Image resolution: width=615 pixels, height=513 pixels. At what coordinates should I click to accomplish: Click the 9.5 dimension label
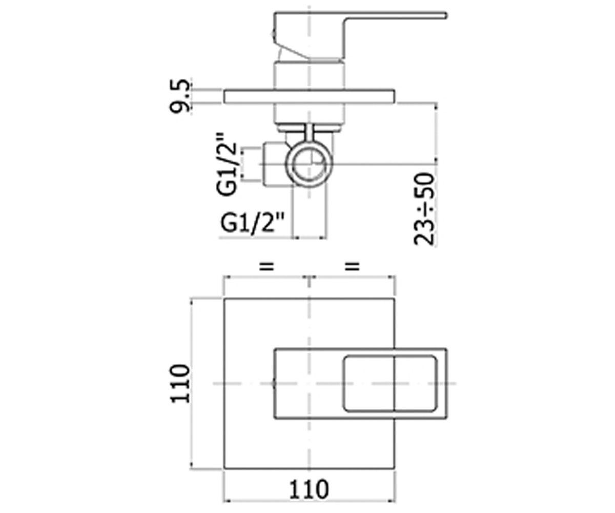click(180, 96)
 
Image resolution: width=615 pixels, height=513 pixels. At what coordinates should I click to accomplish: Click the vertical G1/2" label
click(227, 164)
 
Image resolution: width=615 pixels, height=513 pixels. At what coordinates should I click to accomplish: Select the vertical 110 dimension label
click(180, 384)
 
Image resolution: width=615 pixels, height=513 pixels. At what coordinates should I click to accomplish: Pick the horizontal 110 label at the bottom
click(309, 490)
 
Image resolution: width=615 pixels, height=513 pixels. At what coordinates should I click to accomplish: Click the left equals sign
click(266, 267)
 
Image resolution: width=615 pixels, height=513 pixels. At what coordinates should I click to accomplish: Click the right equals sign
click(352, 267)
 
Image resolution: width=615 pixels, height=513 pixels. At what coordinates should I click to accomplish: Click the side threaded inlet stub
click(274, 164)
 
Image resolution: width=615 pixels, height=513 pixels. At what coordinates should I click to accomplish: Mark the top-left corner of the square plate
click(224, 299)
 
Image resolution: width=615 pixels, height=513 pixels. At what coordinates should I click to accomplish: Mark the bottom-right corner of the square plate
click(395, 468)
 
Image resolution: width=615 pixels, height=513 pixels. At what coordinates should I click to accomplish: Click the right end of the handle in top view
click(446, 383)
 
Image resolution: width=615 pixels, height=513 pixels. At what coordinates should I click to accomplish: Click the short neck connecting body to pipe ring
click(309, 133)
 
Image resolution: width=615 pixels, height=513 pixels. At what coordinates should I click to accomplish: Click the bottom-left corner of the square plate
click(224, 468)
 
